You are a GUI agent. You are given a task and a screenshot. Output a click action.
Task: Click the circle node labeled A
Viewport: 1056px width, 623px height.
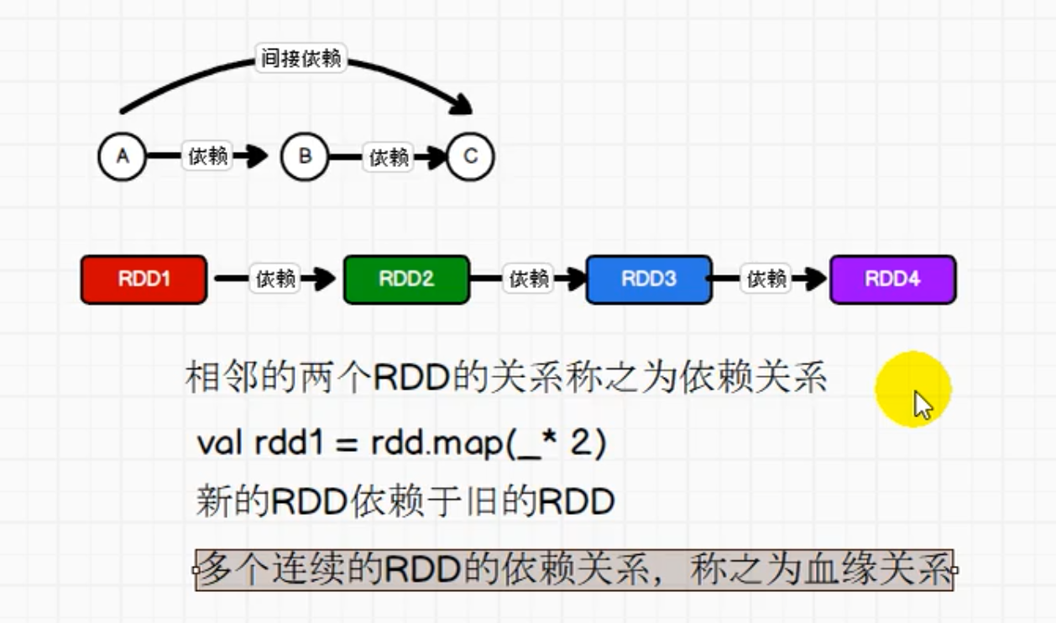point(123,156)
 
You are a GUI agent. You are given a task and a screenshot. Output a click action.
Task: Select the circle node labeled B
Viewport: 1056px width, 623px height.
point(305,156)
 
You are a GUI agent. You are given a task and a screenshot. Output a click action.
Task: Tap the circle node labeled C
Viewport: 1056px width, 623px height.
point(470,156)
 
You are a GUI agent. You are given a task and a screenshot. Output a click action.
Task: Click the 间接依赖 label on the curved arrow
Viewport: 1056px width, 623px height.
point(301,60)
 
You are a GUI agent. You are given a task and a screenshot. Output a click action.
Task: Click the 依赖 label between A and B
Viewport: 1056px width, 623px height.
point(207,156)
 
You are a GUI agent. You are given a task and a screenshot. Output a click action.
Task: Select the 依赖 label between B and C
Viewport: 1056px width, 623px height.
point(389,157)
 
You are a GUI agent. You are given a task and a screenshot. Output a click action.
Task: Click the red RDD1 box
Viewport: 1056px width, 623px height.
point(144,280)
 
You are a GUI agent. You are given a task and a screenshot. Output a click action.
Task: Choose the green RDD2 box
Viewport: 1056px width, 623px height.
point(406,280)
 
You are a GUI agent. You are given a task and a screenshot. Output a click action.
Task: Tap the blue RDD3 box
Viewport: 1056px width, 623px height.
point(649,280)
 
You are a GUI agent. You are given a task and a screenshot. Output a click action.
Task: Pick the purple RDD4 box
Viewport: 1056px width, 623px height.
point(892,280)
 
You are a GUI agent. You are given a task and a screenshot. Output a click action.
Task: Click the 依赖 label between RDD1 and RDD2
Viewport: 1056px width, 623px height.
point(276,279)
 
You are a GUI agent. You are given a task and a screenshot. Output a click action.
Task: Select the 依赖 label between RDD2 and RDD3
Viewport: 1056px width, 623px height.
point(530,279)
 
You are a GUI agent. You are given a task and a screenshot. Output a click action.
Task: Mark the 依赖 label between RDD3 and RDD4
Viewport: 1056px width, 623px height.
point(766,279)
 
